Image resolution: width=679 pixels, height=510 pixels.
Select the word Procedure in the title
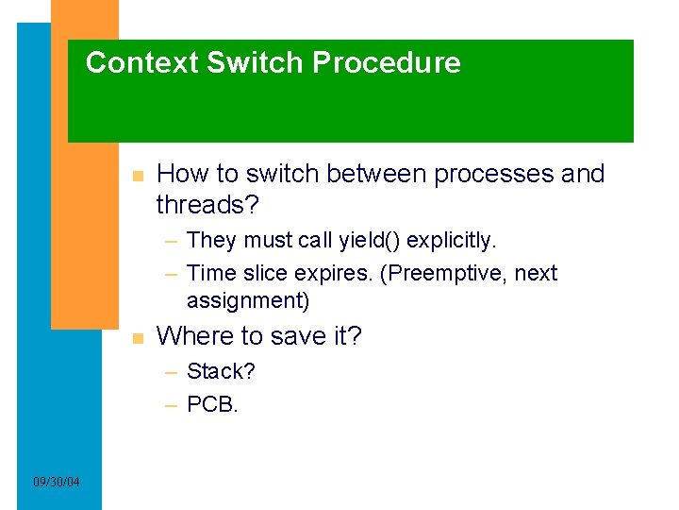tap(387, 63)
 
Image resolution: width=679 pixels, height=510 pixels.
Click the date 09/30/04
tap(57, 483)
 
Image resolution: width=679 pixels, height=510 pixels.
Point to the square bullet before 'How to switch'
tap(138, 176)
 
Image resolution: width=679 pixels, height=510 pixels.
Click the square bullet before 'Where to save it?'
tap(138, 338)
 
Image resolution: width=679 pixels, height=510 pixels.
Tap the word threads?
tap(206, 204)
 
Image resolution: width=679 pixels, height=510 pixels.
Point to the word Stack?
tap(221, 371)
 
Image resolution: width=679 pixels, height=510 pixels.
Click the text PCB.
tap(213, 404)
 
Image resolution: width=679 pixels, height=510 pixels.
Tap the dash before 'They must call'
tap(172, 242)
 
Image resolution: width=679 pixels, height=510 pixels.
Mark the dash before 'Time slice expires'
tap(172, 274)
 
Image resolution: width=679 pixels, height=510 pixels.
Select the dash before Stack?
tap(172, 372)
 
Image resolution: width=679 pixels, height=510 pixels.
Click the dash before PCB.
tap(172, 405)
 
